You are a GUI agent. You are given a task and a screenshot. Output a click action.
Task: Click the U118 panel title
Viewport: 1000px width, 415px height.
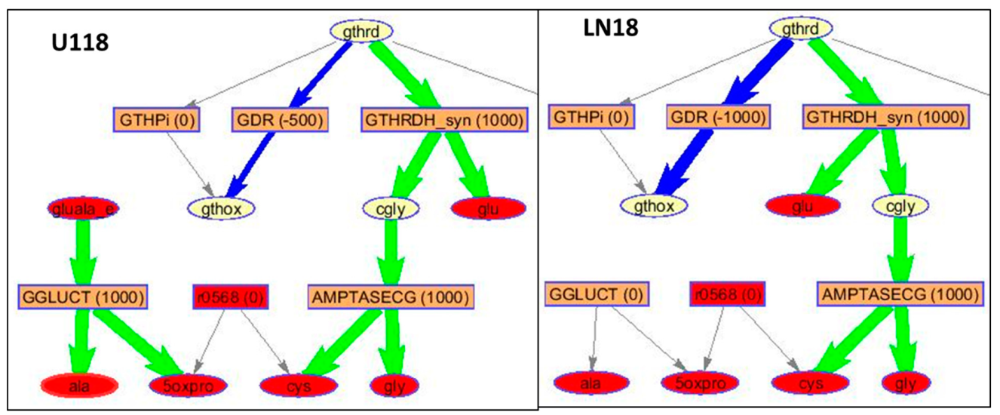click(x=72, y=42)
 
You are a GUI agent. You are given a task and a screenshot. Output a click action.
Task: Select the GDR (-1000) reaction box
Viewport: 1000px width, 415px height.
click(x=716, y=117)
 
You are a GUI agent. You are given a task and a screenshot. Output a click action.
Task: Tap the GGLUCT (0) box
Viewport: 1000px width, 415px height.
click(x=592, y=295)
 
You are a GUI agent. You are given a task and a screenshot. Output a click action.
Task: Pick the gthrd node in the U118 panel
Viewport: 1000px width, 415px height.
click(x=363, y=31)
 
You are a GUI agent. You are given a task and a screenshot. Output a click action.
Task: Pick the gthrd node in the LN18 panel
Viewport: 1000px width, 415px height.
click(x=801, y=29)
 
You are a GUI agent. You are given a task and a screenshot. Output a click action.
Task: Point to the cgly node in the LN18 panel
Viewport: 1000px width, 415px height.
click(x=901, y=204)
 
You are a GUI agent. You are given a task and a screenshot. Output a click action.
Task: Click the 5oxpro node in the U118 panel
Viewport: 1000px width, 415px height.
click(x=186, y=385)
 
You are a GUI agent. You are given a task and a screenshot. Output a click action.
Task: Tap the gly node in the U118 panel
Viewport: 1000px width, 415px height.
click(x=394, y=385)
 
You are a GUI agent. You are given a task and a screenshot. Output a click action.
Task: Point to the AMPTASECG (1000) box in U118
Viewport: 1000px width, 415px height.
click(x=391, y=297)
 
